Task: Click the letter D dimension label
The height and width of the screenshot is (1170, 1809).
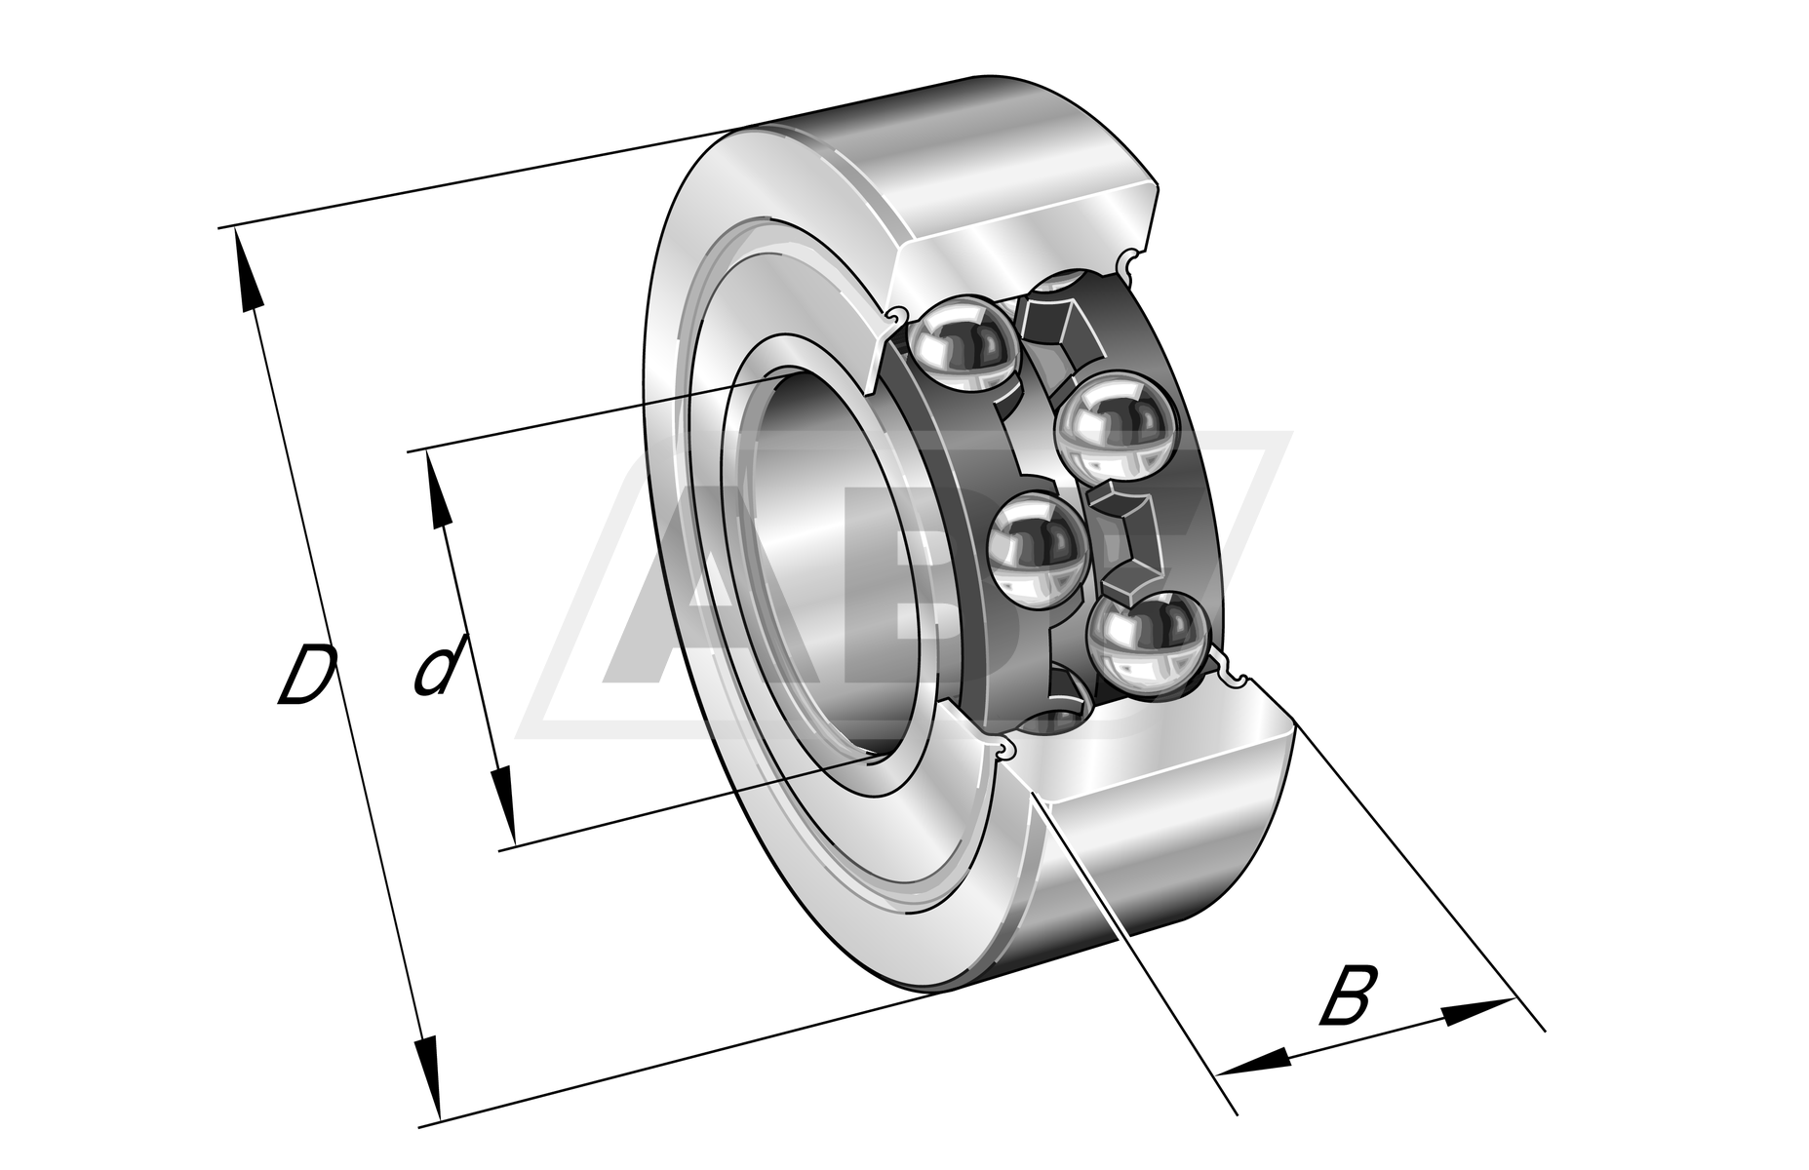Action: click(x=306, y=673)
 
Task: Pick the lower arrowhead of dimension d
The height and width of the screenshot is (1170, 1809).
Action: click(x=503, y=807)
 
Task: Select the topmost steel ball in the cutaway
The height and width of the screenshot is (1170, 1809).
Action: click(x=959, y=344)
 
